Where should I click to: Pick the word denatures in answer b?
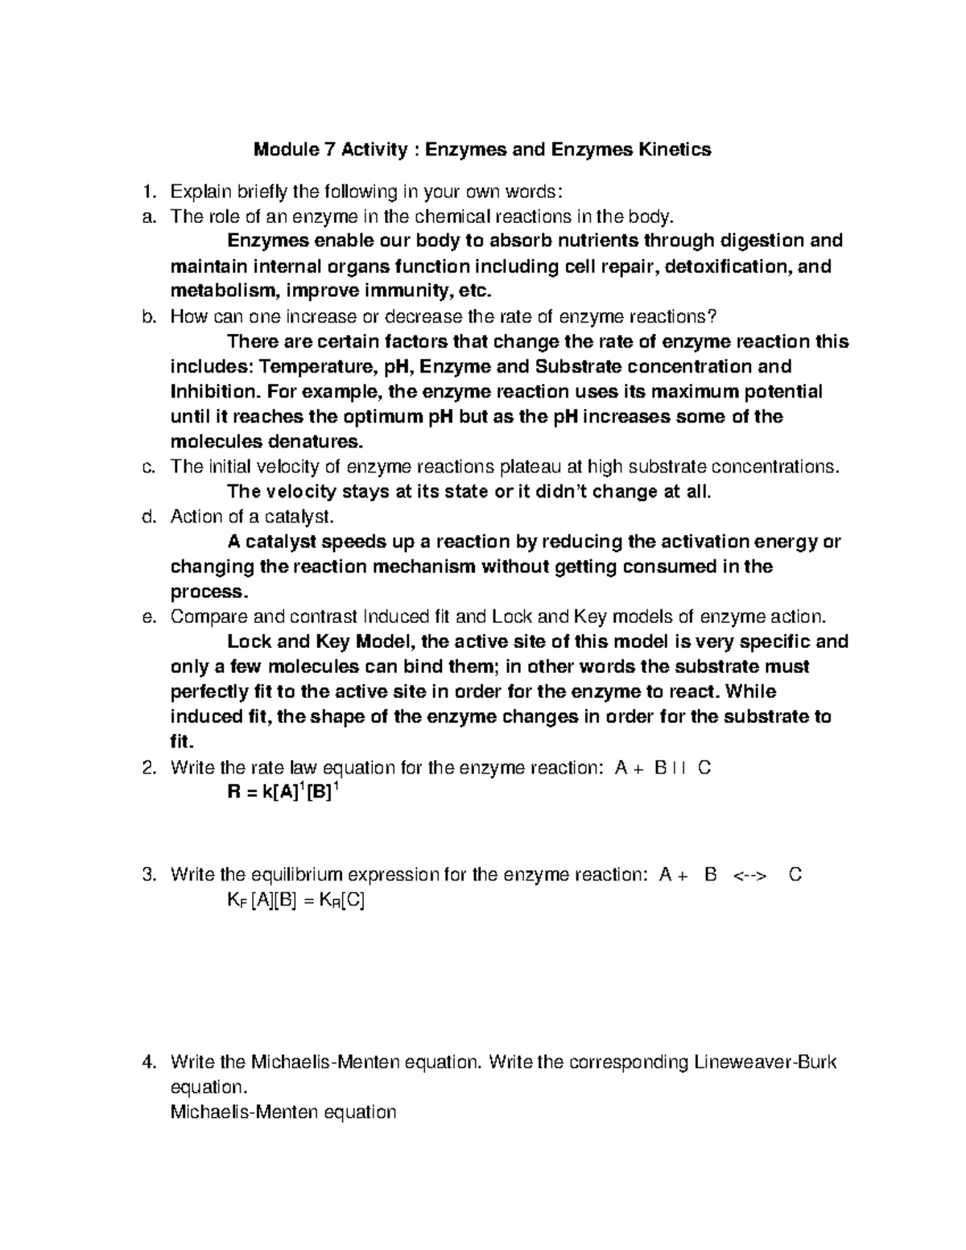[x=320, y=442]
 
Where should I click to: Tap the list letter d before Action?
[x=147, y=517]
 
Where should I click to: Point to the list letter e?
[x=147, y=617]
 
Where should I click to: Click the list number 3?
[x=147, y=875]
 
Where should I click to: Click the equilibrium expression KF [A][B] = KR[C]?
[x=295, y=901]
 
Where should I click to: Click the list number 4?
[x=147, y=1062]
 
